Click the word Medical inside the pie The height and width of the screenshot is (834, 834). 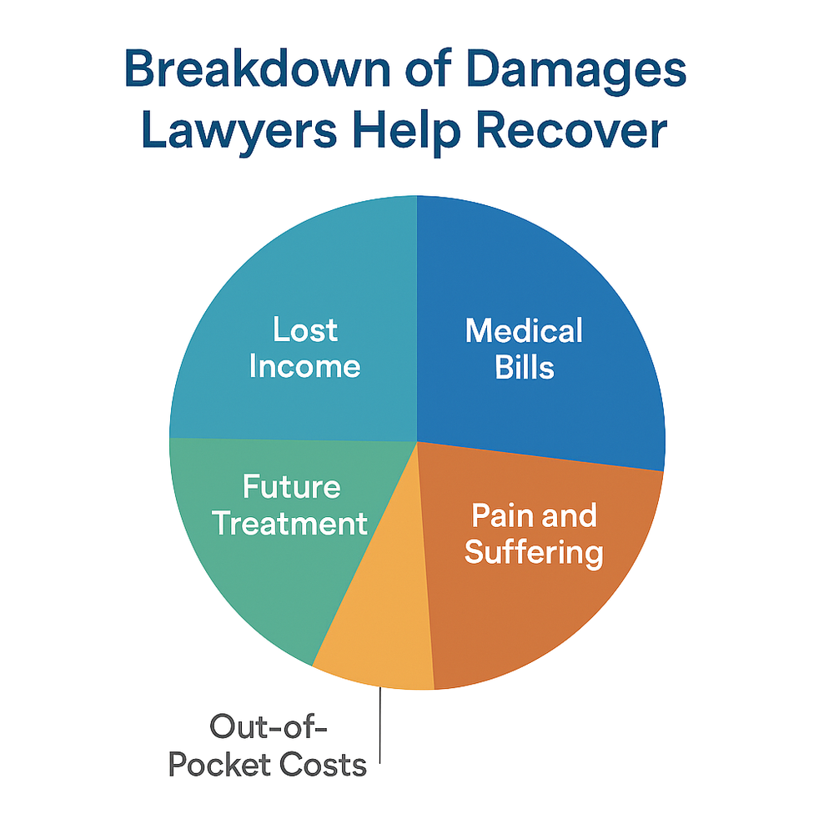click(x=525, y=331)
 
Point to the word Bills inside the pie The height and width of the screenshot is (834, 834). click(x=525, y=368)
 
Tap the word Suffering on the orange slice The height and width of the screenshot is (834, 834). click(x=534, y=552)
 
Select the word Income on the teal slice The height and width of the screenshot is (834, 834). click(x=305, y=367)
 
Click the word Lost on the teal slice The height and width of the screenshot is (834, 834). click(x=305, y=330)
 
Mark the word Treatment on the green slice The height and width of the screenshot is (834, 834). click(x=289, y=524)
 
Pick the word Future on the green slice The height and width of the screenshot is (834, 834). click(x=291, y=486)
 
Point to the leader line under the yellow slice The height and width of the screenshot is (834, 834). click(x=380, y=726)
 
